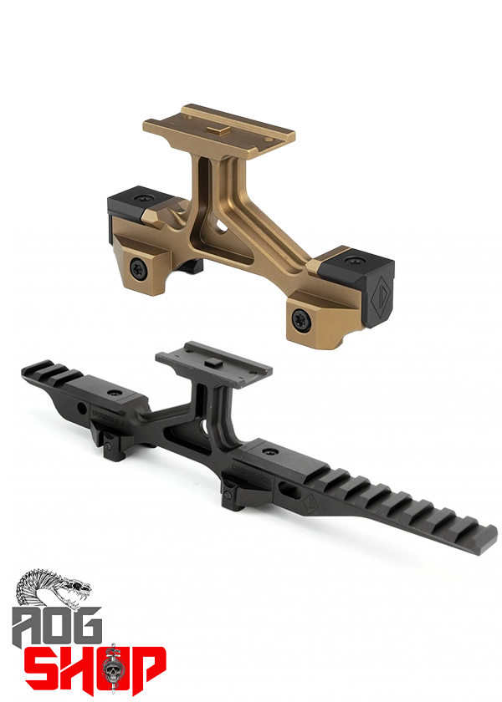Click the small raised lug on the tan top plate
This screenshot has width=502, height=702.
(x=215, y=127)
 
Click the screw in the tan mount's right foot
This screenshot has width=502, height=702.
(x=300, y=316)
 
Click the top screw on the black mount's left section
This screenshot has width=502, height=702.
(x=113, y=390)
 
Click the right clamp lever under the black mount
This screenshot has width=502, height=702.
(x=231, y=498)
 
